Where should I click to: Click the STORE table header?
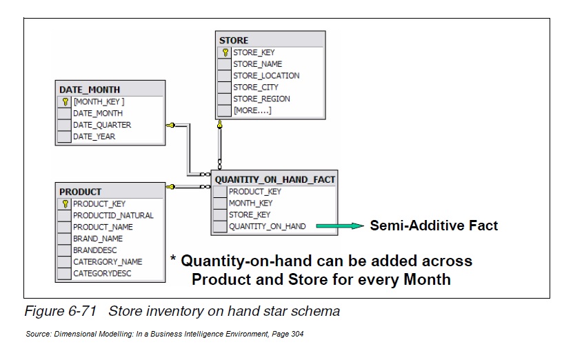234,40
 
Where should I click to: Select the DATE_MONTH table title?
90,90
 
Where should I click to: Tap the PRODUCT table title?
81,192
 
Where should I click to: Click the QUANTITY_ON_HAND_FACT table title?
275,179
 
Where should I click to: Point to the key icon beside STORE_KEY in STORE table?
225,52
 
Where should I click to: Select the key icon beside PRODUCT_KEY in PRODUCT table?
65,204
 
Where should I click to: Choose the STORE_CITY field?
256,87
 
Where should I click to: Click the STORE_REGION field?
261,99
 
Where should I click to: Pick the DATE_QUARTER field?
102,125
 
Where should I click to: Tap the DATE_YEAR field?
94,137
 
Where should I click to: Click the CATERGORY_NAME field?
108,261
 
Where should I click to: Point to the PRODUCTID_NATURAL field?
113,215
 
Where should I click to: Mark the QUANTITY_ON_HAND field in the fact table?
268,226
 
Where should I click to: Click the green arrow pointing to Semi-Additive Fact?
343,226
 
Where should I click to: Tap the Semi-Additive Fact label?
434,226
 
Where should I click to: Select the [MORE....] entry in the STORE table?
252,110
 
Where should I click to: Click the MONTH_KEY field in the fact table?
250,203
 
